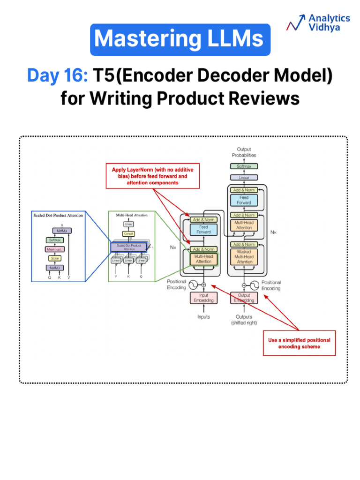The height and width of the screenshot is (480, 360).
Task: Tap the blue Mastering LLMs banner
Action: [180, 39]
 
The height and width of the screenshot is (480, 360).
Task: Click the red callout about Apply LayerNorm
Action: [152, 176]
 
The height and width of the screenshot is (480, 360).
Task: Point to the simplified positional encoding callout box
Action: [299, 343]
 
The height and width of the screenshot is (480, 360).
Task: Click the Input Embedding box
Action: [204, 298]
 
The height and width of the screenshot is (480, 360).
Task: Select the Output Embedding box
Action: [244, 298]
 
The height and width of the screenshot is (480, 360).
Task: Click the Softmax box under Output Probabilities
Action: [244, 166]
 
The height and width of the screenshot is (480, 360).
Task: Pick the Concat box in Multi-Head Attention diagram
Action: [128, 233]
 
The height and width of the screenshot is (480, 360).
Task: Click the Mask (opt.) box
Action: [55, 249]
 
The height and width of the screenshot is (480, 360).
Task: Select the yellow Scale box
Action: [55, 258]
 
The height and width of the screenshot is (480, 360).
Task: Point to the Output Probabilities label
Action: [244, 152]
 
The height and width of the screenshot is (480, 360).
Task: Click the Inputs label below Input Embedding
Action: [203, 317]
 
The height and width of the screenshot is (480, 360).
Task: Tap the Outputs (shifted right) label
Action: [244, 320]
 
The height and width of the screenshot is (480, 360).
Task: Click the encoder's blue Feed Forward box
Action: [204, 229]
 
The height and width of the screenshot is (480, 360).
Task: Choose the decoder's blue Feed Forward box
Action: [244, 200]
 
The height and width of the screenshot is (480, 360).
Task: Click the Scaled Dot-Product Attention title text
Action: [58, 215]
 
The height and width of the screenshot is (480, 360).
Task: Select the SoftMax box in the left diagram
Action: [55, 240]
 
